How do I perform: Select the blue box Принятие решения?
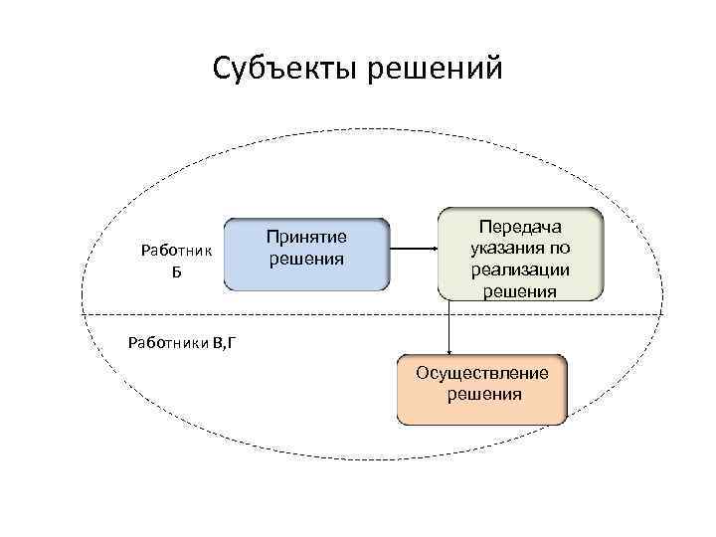[305, 254]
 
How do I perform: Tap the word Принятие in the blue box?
[305, 238]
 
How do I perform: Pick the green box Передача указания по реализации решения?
[520, 254]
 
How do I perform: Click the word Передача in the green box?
[520, 227]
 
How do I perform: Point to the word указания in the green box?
[520, 248]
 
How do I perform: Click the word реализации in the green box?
[520, 269]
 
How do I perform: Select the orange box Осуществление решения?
[482, 389]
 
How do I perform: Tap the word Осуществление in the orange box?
[482, 373]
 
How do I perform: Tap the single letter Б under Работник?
[176, 270]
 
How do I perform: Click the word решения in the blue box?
[305, 260]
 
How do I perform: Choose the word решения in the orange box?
[482, 395]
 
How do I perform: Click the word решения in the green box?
[520, 290]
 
